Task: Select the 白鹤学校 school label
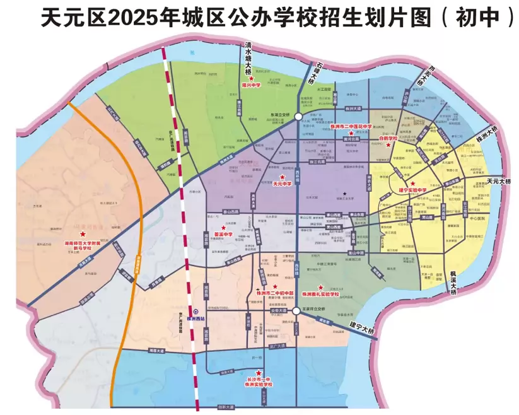coord(388,137)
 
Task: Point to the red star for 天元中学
coord(282,177)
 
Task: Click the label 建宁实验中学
coord(412,190)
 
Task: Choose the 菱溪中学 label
coord(224,234)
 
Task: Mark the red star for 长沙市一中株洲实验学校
coord(259,373)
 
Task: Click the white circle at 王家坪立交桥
coord(296,311)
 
